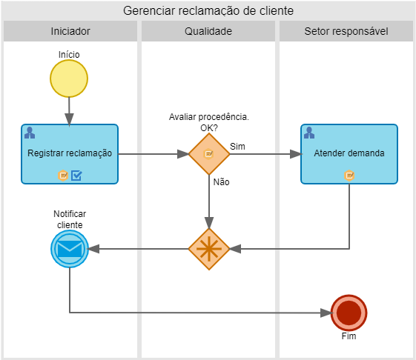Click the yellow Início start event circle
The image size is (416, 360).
coord(69,79)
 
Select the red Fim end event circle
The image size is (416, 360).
coord(349,313)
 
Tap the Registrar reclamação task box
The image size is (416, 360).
coord(70,154)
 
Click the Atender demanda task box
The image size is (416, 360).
coord(349,154)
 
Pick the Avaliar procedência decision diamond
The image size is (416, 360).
coord(209,154)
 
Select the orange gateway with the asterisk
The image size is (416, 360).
coord(209,249)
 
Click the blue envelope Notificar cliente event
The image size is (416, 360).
coord(70,249)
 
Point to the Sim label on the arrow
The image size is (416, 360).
coord(237,147)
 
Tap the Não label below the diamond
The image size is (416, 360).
coord(221,182)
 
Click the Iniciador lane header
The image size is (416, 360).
coord(70,31)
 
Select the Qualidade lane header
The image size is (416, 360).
coord(208,31)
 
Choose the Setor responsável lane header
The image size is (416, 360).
coord(346,31)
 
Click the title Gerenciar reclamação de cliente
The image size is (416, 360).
coord(208,11)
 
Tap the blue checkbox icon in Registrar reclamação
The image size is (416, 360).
coord(76,176)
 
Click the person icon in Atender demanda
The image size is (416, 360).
coord(309,133)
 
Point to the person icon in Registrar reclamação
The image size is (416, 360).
coord(30,133)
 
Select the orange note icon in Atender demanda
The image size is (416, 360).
coord(349,176)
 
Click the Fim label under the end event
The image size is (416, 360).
coord(349,336)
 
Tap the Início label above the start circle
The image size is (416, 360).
coord(69,55)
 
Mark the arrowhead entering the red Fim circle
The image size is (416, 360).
coord(326,313)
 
